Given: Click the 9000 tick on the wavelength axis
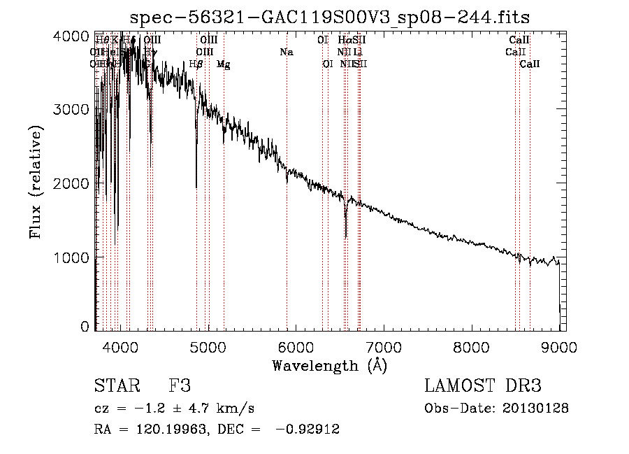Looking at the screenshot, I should [x=558, y=346].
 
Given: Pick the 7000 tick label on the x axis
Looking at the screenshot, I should [x=383, y=346].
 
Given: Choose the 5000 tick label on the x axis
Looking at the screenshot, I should [x=208, y=346].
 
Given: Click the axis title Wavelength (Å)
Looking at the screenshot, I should [x=329, y=365].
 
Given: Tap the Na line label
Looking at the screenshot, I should [x=286, y=52].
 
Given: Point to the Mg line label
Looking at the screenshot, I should [x=223, y=64].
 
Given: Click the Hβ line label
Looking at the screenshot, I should [x=196, y=64].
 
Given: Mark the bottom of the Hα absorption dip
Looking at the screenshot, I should [x=345, y=236].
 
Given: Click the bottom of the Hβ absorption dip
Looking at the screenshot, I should [x=196, y=187].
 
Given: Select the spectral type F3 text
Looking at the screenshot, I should [x=180, y=386].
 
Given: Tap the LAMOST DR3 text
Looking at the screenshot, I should [x=483, y=386].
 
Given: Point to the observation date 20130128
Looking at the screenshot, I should [x=536, y=409].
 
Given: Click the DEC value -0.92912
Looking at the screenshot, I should [x=308, y=430].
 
